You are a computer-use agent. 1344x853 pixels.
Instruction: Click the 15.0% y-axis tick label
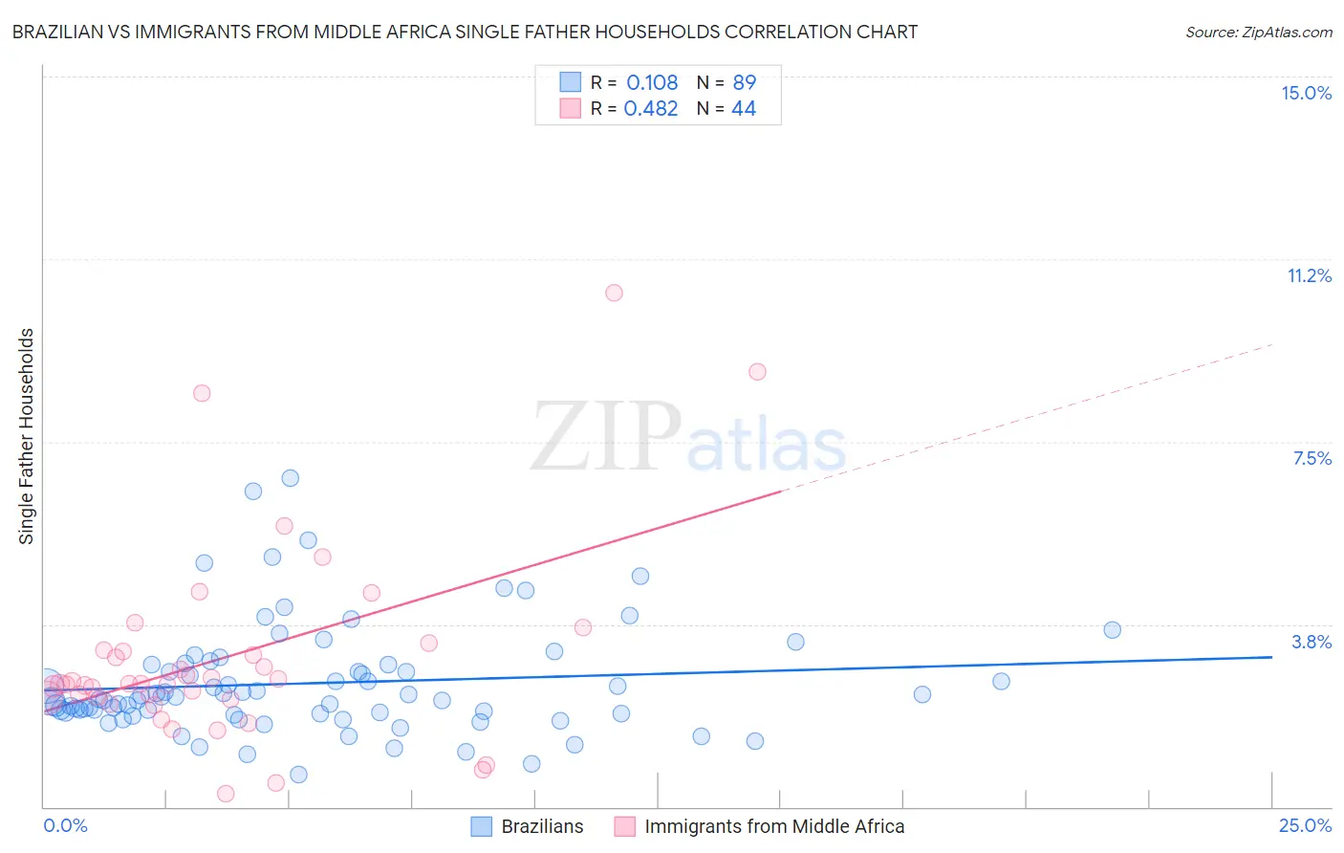(x=1306, y=93)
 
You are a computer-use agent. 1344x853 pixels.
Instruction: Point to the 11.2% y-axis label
(x=1309, y=275)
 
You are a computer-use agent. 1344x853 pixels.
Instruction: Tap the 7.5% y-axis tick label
(x=1311, y=458)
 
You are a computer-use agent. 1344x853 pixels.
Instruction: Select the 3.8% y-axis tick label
(x=1311, y=642)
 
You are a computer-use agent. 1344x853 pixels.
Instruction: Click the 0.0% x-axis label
(x=65, y=825)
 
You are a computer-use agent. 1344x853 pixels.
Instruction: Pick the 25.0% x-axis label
(x=1305, y=825)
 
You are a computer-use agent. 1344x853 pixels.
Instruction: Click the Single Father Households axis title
(x=27, y=436)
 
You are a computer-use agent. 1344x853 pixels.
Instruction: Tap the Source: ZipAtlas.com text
(x=1258, y=32)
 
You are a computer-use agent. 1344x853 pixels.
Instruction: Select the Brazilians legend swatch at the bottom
(x=482, y=826)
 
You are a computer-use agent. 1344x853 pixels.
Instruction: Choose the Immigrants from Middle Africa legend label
(x=774, y=826)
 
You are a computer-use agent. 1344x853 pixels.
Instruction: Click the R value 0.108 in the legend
(x=652, y=82)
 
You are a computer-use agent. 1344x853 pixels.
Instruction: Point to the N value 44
(x=744, y=108)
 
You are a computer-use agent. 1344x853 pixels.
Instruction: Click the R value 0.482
(x=651, y=108)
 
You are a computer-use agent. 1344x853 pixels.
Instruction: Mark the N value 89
(x=745, y=82)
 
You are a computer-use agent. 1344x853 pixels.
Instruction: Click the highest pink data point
(x=614, y=293)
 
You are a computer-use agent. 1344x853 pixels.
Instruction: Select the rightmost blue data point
(x=1112, y=629)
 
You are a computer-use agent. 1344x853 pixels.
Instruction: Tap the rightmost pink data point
(x=757, y=371)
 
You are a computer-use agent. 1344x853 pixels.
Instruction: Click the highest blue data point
(x=290, y=477)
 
